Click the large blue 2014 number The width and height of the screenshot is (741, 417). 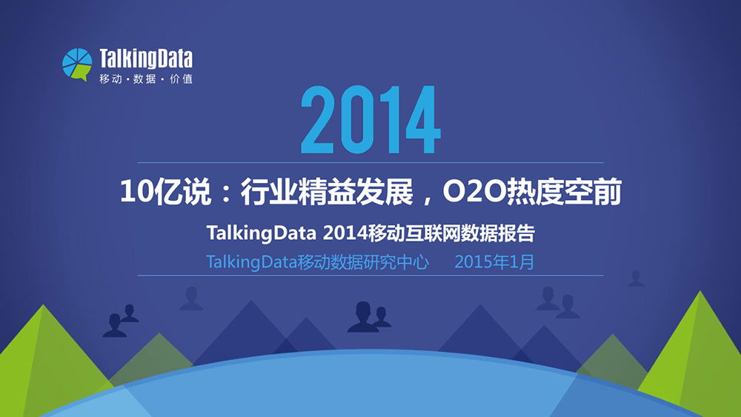tap(370, 119)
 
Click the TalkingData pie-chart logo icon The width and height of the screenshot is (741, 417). tap(77, 64)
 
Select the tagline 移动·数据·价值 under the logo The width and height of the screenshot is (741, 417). tap(145, 79)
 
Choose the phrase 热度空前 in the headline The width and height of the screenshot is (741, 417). tap(563, 193)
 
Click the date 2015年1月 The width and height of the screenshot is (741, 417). tap(494, 261)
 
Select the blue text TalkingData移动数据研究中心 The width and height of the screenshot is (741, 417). tap(318, 261)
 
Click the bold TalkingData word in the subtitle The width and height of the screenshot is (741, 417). tap(262, 233)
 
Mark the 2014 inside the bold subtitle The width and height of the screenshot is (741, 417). tap(345, 233)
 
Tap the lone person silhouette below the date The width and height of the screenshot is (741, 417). tap(635, 279)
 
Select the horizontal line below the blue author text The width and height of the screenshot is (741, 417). tap(370, 276)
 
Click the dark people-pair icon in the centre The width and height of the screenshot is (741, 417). tap(368, 317)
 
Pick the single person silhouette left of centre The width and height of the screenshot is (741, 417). tap(191, 298)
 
